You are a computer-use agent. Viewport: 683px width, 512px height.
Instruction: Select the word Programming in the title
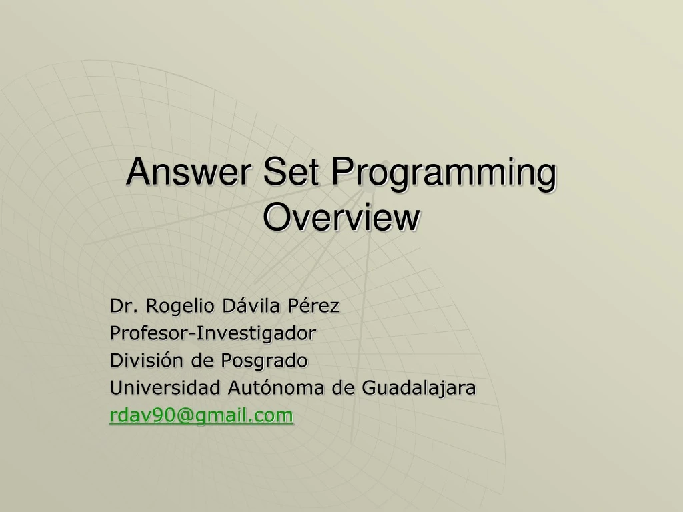[x=444, y=173]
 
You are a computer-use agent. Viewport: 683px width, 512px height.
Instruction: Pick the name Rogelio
[x=174, y=307]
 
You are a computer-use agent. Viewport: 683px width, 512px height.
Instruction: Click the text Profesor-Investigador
[x=213, y=333]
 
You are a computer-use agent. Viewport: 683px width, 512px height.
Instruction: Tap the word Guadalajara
[x=418, y=388]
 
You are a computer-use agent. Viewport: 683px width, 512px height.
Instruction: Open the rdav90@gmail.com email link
[x=201, y=415]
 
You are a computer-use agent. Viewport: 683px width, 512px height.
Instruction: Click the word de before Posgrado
[x=202, y=361]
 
